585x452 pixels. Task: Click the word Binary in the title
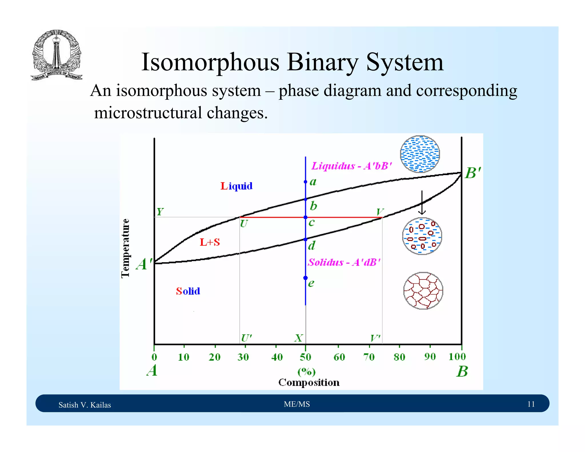point(322,62)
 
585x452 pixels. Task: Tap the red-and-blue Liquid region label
point(237,186)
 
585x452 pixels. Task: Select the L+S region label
point(210,242)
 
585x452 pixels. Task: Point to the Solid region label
point(188,291)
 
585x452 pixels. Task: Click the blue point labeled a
point(305,182)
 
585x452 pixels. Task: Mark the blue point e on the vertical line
point(305,278)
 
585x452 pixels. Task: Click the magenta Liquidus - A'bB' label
point(352,166)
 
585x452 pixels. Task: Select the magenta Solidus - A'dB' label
point(344,262)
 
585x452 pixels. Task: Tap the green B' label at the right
point(473,173)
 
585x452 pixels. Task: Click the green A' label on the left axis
point(144,264)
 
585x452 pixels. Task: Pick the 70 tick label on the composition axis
point(369,357)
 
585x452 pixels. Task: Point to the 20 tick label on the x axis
point(215,357)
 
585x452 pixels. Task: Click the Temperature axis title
point(125,248)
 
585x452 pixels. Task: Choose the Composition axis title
point(309,382)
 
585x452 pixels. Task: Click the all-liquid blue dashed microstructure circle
point(420,154)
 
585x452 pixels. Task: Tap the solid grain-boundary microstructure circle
point(423,291)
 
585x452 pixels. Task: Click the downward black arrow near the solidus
point(422,203)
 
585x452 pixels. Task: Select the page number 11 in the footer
point(531,404)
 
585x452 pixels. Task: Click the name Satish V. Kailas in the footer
point(85,405)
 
